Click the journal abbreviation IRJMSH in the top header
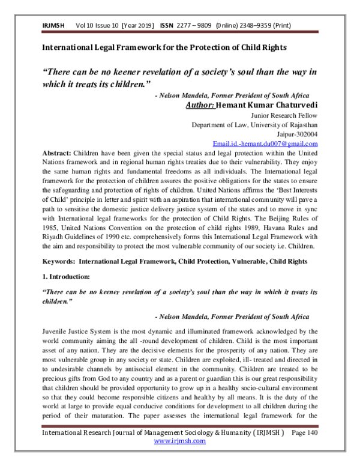pyautogui.click(x=53, y=26)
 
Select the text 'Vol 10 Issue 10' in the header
pyautogui.click(x=98, y=26)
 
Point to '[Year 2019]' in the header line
pyautogui.click(x=139, y=26)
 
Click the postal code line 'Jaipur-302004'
pyautogui.click(x=298, y=135)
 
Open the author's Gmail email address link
pyautogui.click(x=265, y=144)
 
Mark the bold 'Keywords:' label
pyautogui.click(x=58, y=262)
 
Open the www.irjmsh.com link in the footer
pyautogui.click(x=180, y=458)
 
